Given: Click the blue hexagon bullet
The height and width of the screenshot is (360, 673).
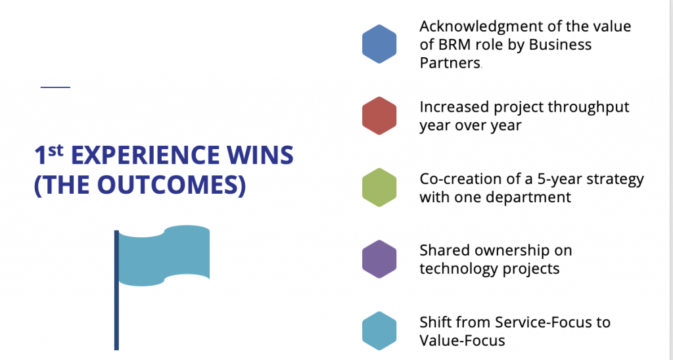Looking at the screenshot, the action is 379,44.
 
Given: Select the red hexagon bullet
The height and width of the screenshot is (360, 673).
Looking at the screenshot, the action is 379,116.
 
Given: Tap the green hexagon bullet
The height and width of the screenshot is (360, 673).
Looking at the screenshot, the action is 379,187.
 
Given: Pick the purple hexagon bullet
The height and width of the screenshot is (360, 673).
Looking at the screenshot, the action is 379,259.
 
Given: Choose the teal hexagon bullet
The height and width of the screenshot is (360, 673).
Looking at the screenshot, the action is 379,331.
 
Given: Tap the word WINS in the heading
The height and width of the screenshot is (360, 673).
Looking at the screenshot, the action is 268,156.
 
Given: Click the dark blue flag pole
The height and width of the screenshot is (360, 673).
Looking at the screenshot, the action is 116,290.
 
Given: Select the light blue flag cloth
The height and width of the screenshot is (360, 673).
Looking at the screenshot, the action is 164,256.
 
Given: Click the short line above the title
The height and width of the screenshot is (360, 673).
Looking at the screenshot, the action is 55,87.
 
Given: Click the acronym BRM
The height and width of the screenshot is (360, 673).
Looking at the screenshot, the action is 456,45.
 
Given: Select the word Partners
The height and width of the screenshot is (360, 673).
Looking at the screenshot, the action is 450,63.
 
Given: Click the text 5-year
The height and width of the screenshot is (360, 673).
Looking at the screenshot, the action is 559,179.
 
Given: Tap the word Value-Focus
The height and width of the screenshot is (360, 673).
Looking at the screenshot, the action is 462,341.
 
